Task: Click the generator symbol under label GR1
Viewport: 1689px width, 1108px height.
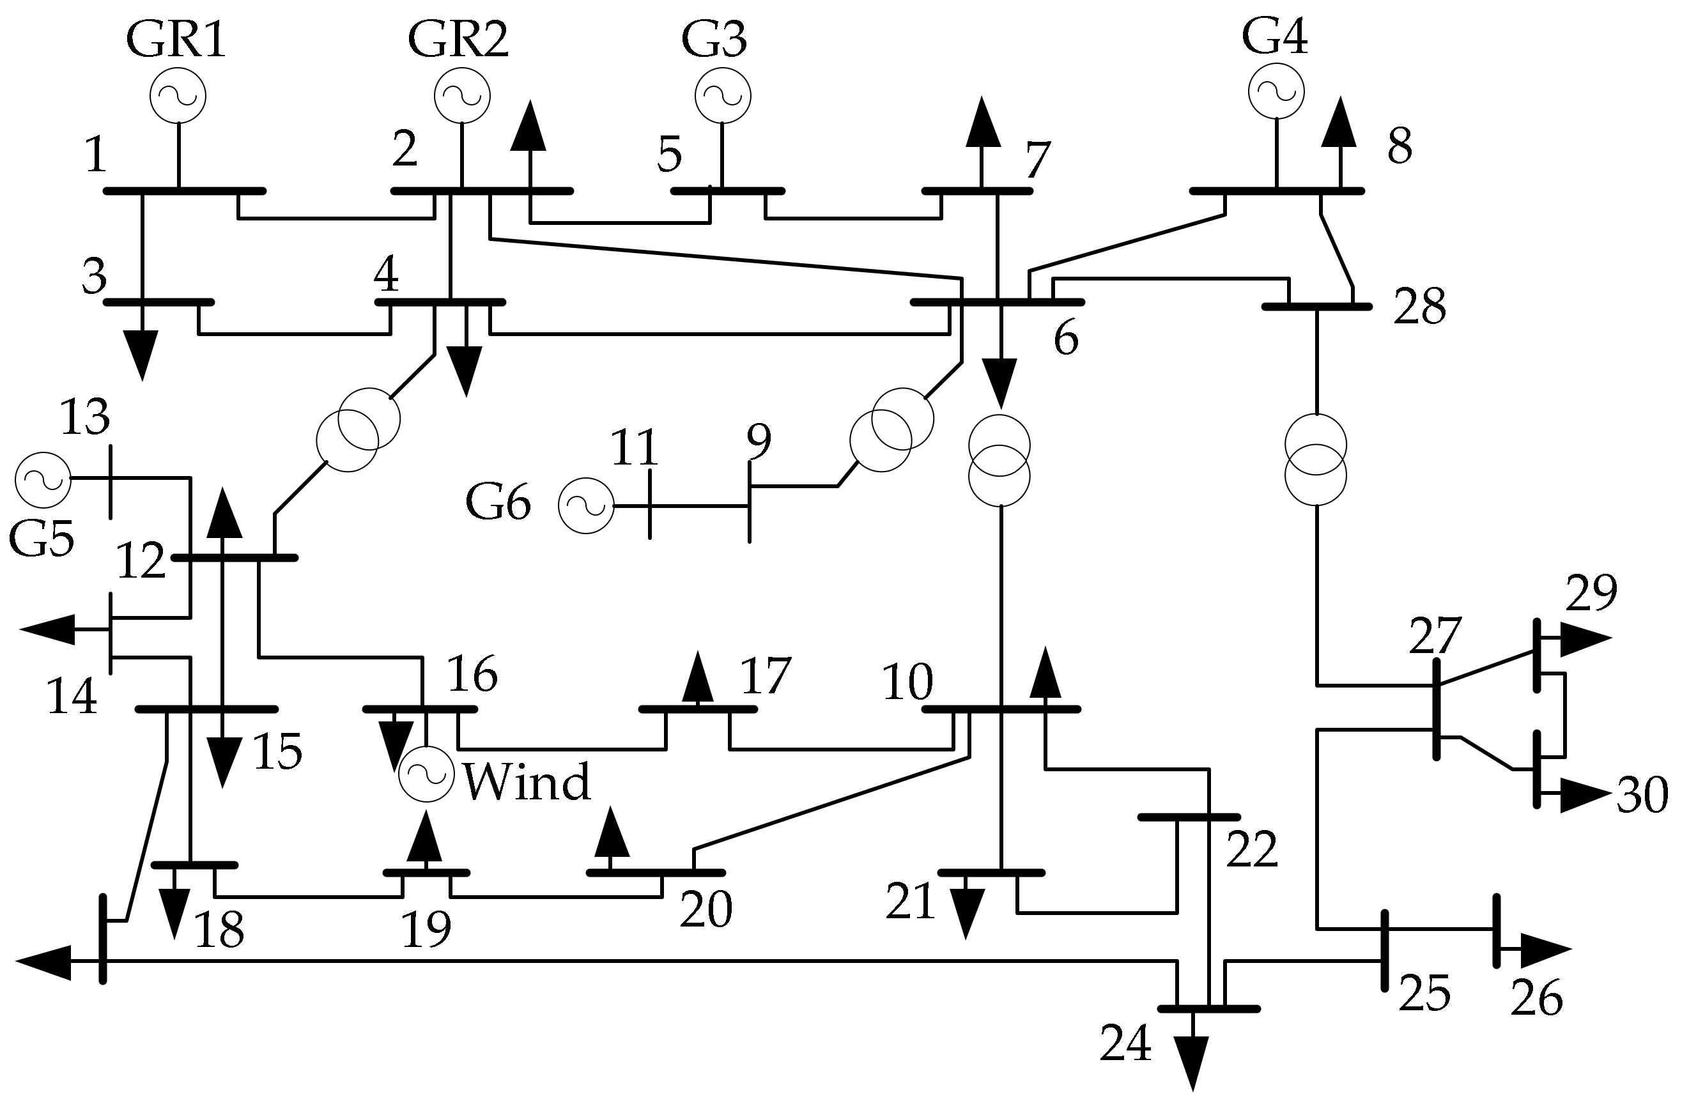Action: point(178,95)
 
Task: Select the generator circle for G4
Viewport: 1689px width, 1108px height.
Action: point(1276,90)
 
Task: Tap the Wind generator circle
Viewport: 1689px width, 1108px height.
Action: point(426,775)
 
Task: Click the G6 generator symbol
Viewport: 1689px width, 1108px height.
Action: point(585,505)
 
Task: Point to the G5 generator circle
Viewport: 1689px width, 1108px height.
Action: point(43,480)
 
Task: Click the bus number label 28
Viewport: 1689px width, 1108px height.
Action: point(1419,307)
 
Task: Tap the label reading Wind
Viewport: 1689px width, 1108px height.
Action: point(527,782)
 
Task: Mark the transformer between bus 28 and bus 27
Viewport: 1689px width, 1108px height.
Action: point(1316,460)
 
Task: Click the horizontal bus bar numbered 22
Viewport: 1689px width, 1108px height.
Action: point(1189,818)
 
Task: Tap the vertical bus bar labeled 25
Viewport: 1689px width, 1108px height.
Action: point(1384,950)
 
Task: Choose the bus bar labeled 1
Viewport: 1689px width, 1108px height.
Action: point(185,191)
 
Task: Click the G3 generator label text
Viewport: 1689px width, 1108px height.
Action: point(713,40)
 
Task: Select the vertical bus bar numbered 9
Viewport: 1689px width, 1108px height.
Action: point(750,501)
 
